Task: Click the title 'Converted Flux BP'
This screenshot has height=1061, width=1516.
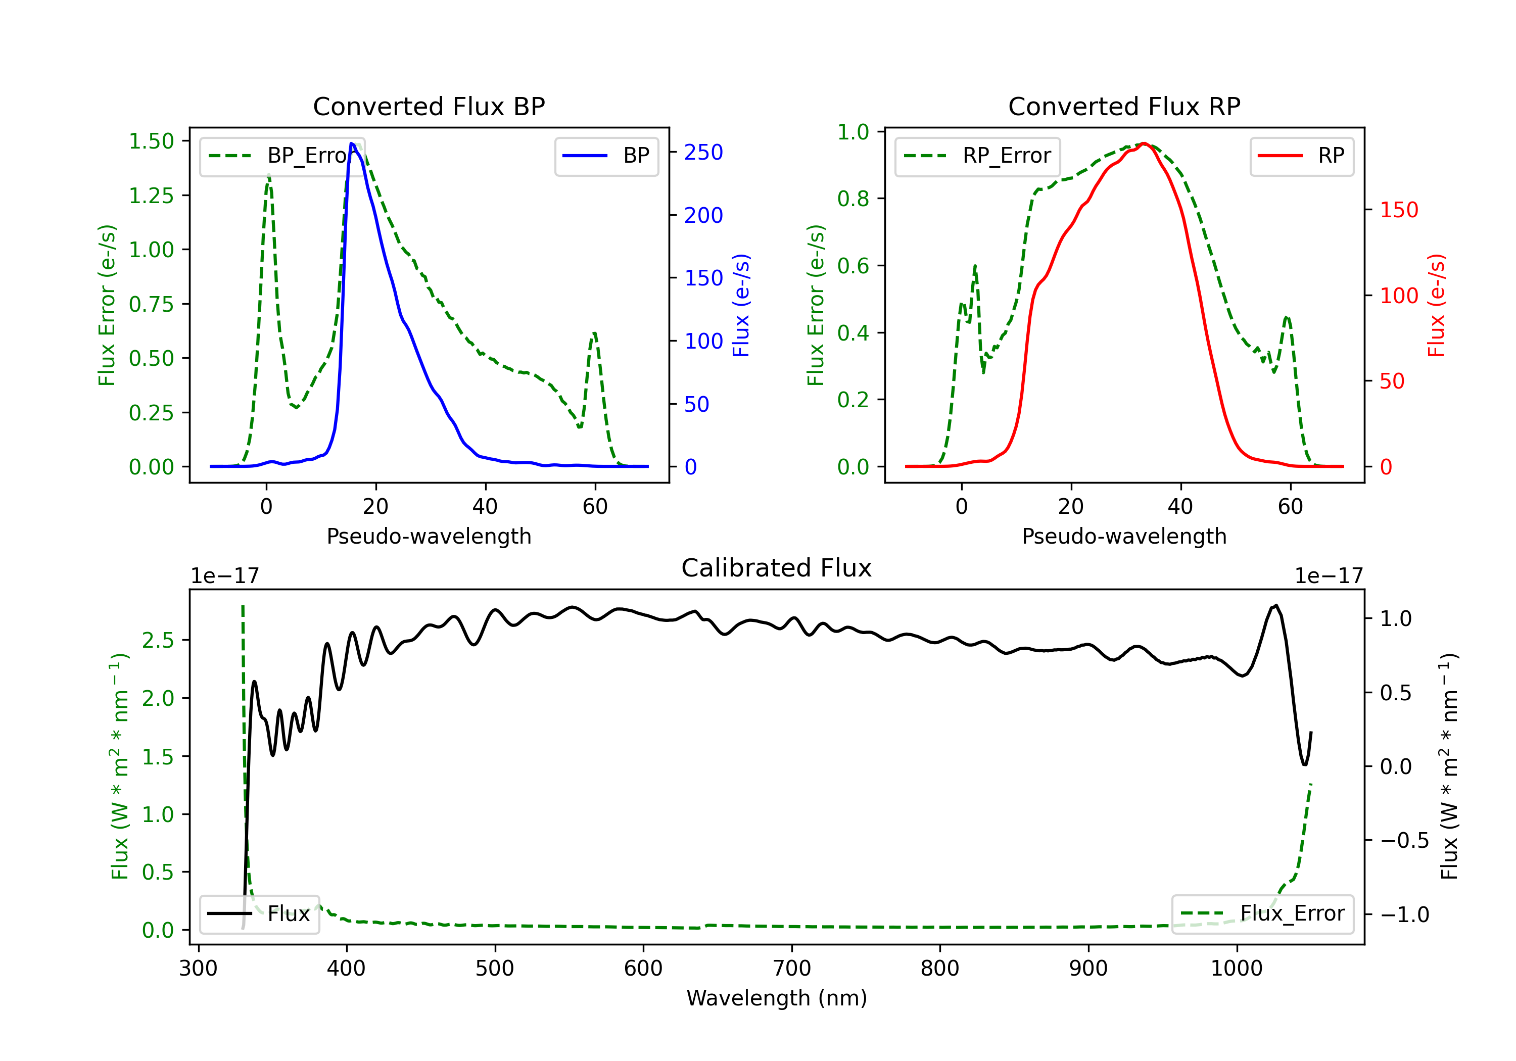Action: pos(429,106)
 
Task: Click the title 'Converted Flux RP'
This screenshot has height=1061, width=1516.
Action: pos(1124,106)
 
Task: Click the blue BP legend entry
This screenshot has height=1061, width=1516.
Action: pos(606,156)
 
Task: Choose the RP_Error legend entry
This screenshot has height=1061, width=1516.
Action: pos(977,156)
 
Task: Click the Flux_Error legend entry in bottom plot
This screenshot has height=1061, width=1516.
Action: pos(1262,914)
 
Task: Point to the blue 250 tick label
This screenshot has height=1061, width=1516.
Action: pos(703,153)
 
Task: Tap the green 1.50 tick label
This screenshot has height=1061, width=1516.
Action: pos(151,141)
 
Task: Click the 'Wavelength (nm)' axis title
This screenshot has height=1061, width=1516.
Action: pos(777,998)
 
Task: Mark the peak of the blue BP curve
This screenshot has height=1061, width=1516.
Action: pos(352,143)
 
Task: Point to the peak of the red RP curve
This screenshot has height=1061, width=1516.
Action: pos(1144,143)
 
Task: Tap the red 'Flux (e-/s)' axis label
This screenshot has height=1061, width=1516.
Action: pos(1437,305)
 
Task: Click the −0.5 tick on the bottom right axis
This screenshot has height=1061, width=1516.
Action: pos(1404,841)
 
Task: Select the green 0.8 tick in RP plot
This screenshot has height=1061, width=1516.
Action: pos(853,199)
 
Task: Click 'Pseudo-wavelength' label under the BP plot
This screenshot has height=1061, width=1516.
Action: pos(429,536)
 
